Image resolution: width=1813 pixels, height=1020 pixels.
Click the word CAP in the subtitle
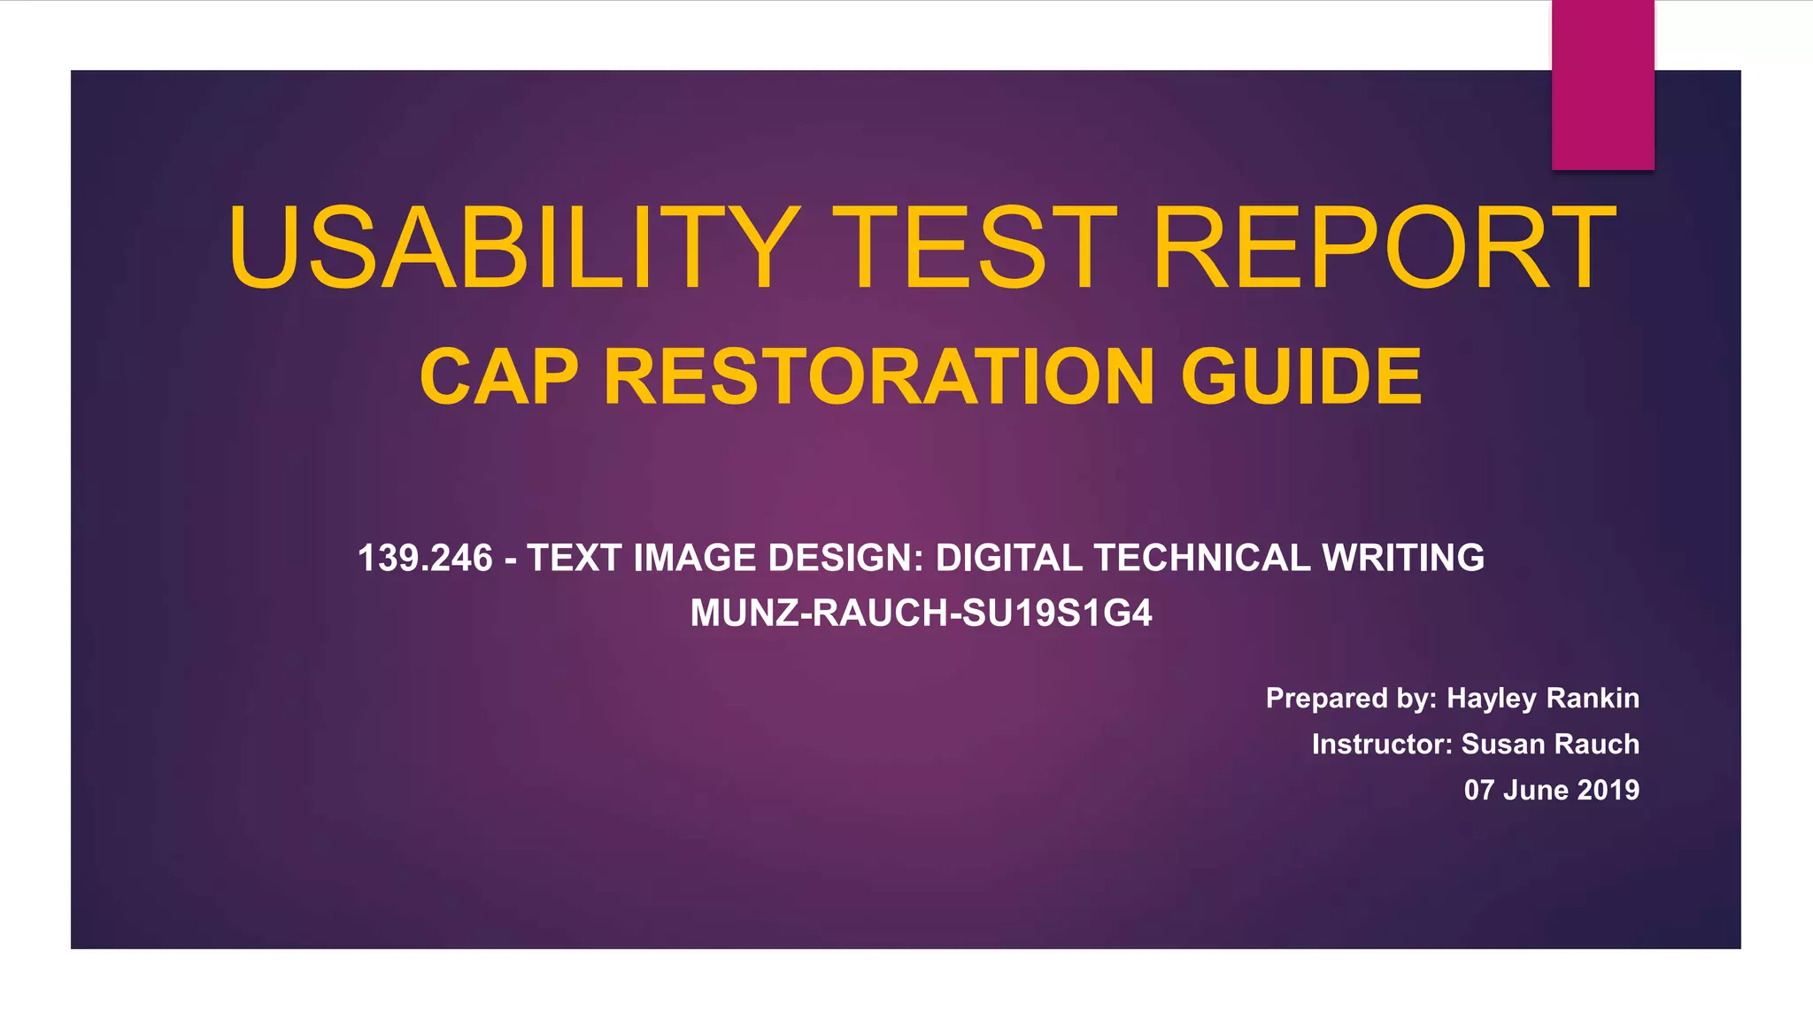[499, 377]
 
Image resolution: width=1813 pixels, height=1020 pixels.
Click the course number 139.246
[425, 559]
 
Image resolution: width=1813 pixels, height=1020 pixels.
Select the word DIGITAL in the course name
[1008, 559]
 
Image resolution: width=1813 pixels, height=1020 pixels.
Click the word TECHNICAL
[1201, 559]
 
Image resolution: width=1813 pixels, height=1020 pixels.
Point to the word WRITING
[1402, 559]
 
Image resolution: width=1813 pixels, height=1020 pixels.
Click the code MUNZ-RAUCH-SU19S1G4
[921, 614]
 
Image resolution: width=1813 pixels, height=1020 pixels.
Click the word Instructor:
[1382, 745]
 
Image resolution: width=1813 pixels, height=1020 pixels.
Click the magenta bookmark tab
[1602, 85]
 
